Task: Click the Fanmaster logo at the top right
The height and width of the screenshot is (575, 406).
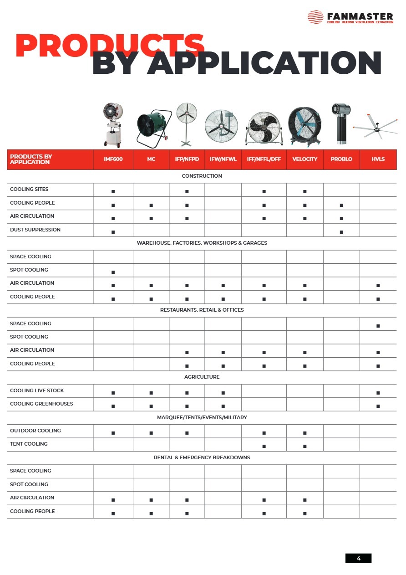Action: pos(350,17)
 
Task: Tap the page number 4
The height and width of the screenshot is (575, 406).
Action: pos(358,558)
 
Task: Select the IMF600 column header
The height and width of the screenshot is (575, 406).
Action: pos(113,159)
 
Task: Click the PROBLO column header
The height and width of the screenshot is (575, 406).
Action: pos(341,159)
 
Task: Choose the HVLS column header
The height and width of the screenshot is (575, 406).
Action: pos(378,159)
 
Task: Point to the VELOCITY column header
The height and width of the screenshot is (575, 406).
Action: pos(304,159)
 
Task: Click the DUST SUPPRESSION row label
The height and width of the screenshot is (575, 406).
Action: pos(35,230)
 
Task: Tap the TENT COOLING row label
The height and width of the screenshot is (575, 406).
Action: pos(29,444)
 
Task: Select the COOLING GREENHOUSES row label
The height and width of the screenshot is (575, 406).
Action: pos(41,404)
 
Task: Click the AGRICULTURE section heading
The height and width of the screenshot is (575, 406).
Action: pos(202,377)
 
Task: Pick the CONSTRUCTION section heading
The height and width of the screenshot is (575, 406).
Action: pos(202,176)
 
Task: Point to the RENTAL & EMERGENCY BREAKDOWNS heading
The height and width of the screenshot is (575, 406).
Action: pos(202,457)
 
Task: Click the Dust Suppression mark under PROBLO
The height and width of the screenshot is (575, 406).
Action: pos(341,232)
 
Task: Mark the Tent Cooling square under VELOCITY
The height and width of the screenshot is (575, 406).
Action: pos(304,446)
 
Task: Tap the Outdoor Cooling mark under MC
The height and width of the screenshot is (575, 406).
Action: pos(151,433)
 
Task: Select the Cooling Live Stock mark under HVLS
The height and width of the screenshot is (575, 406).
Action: pos(378,393)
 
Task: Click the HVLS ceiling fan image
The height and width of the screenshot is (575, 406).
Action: pos(375,129)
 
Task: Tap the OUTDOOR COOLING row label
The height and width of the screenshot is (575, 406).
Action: pos(35,431)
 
